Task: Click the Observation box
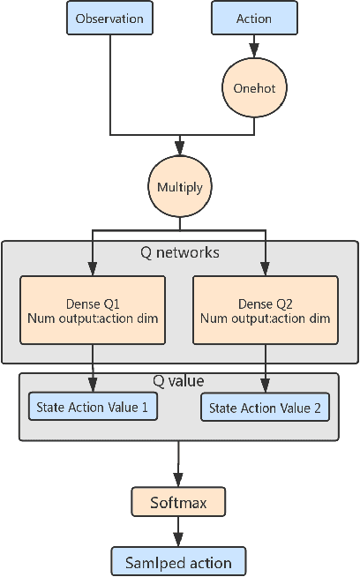tap(109, 18)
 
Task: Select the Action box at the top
tap(254, 18)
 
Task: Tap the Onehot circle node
tap(254, 89)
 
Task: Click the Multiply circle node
tap(180, 188)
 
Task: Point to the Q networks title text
tap(180, 253)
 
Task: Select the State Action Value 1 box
tap(93, 407)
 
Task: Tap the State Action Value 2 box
tap(265, 407)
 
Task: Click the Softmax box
tap(179, 503)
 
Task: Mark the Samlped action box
tap(179, 561)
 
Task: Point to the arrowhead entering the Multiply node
tap(180, 150)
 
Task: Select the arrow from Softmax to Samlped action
tap(179, 532)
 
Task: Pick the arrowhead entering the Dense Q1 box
tap(93, 268)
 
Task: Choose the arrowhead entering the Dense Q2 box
tap(265, 268)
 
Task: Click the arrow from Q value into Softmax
tap(179, 463)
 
